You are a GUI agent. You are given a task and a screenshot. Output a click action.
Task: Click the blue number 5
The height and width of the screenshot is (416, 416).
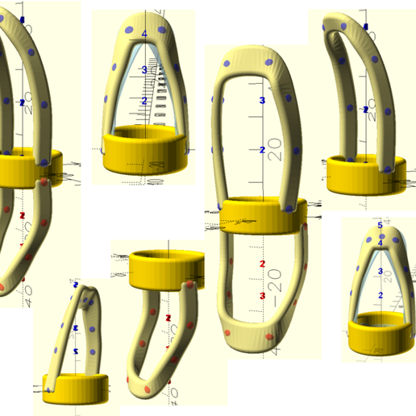pyautogui.click(x=379, y=225)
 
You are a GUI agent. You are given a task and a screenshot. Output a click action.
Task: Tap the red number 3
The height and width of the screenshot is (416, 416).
pyautogui.click(x=263, y=296)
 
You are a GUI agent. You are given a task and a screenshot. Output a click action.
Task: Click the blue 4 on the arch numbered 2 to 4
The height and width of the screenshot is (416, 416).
pyautogui.click(x=144, y=33)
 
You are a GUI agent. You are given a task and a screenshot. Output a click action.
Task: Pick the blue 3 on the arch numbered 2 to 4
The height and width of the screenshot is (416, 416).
pyautogui.click(x=144, y=70)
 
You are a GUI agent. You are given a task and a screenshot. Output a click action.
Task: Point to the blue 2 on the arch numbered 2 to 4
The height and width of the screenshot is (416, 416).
pyautogui.click(x=144, y=102)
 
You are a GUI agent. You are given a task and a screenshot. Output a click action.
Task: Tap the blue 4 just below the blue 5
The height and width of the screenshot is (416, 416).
pyautogui.click(x=380, y=243)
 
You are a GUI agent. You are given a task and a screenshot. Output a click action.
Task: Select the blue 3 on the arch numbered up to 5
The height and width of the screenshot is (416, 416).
pyautogui.click(x=380, y=271)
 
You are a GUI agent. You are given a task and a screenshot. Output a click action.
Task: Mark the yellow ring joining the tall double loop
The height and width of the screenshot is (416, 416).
pyautogui.click(x=262, y=214)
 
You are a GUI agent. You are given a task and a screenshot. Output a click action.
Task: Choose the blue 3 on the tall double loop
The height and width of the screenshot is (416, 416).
pyautogui.click(x=262, y=101)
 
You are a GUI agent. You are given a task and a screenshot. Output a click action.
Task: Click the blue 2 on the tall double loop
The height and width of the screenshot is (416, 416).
pyautogui.click(x=262, y=151)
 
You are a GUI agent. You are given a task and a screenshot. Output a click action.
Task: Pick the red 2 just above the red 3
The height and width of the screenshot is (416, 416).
pyautogui.click(x=262, y=264)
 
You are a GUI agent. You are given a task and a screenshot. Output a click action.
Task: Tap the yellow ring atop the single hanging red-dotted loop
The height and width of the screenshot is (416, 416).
pyautogui.click(x=166, y=269)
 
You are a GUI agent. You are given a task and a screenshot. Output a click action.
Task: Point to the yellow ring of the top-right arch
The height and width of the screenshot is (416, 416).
pyautogui.click(x=367, y=174)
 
